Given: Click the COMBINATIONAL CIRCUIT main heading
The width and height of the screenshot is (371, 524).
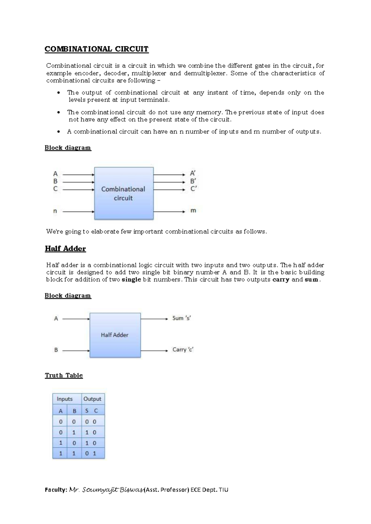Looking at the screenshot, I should click(x=96, y=49).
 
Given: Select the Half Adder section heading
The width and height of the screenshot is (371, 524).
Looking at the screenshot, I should click(x=65, y=249).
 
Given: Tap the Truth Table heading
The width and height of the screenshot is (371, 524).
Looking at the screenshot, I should click(x=64, y=375).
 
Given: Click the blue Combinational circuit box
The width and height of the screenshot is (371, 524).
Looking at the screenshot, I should click(x=124, y=193).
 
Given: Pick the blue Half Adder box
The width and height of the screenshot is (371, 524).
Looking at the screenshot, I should click(x=115, y=335).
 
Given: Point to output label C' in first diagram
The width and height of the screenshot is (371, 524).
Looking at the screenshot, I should click(x=194, y=189).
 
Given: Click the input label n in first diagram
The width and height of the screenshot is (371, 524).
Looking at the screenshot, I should click(x=55, y=212).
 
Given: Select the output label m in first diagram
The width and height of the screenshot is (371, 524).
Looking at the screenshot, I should click(x=193, y=211).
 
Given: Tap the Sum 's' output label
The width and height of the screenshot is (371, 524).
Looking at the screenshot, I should click(x=181, y=318).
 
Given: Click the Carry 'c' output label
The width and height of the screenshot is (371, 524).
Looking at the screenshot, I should click(x=183, y=350).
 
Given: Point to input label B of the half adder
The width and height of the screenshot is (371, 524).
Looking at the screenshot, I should click(x=56, y=350).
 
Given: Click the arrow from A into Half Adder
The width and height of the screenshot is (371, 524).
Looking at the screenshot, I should click(x=76, y=319).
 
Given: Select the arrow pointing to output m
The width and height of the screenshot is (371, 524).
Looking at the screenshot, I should click(x=169, y=212).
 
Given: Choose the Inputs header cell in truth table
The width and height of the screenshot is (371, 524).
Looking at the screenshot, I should click(x=65, y=399).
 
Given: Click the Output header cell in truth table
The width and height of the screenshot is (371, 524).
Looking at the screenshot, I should click(x=92, y=399).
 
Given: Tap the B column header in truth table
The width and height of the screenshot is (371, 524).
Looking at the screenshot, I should click(x=74, y=411).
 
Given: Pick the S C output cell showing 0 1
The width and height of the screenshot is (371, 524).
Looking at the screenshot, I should click(x=91, y=454).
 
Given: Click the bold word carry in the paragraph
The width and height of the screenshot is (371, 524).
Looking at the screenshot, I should click(x=281, y=280).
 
